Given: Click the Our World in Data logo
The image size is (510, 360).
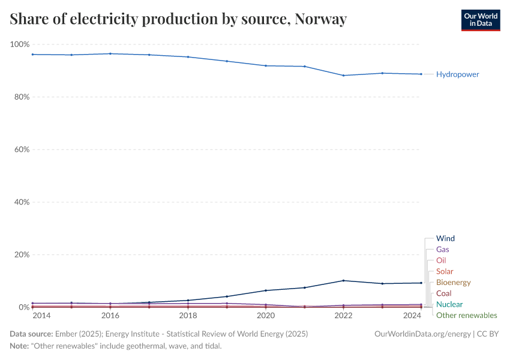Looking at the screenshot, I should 480,19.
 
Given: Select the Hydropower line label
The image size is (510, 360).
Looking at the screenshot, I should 457,74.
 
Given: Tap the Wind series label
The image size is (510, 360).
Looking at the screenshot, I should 445,238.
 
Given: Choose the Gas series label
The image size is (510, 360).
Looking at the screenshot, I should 443,249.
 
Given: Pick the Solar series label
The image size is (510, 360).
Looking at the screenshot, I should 445,271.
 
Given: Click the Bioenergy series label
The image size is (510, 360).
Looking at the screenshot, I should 453,282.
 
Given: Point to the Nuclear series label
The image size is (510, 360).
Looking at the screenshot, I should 449,304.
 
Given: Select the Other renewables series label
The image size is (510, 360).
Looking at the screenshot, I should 466,315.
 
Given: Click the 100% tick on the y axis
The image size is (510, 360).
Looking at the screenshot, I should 19,44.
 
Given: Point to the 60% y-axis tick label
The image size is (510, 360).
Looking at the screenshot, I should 21,149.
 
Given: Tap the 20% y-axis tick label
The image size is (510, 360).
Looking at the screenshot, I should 21,254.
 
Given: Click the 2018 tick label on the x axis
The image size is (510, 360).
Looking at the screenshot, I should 188,316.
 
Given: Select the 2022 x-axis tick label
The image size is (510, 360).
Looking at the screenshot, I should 343,316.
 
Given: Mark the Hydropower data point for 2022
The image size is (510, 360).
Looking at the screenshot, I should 343,76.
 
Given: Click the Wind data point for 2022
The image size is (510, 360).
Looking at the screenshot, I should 343,280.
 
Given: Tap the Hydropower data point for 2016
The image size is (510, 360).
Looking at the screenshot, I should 110,53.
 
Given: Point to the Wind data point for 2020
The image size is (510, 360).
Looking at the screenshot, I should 266,290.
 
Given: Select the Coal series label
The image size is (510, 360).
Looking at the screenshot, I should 444,293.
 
